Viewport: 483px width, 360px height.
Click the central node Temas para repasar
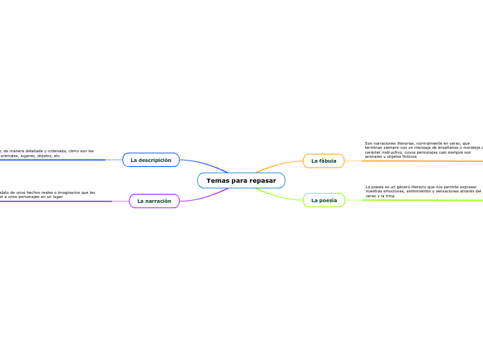241,181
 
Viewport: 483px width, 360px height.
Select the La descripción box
151,160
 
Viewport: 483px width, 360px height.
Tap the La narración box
154,201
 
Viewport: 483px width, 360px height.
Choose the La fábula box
324,161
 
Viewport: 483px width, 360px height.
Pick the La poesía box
324,200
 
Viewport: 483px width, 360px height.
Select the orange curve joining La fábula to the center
277,164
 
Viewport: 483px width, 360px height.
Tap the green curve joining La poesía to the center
277,196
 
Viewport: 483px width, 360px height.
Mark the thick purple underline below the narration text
55,201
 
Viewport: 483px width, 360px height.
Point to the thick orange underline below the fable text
423,161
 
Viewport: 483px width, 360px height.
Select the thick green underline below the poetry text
423,200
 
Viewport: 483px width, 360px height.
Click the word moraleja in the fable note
471,147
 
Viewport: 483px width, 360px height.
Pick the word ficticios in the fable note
407,156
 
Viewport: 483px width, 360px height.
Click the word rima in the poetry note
389,196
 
